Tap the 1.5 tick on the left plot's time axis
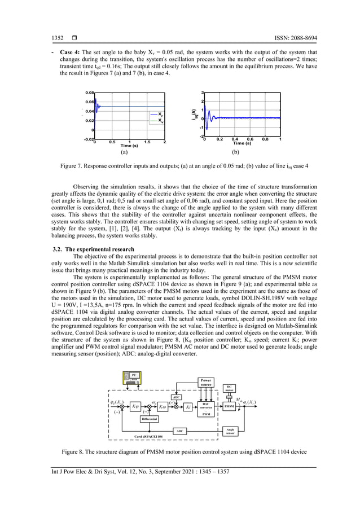tap(147, 142)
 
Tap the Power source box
tap(206, 382)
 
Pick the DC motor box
tap(229, 388)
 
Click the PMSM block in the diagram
tap(229, 406)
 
